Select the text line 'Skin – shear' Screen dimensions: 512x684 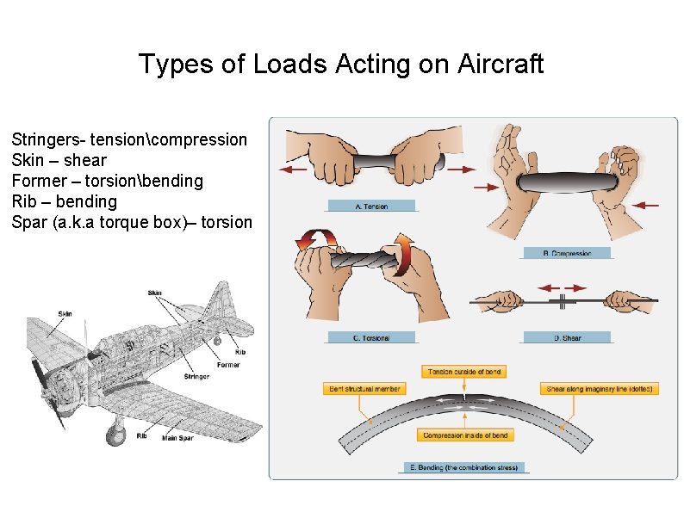pyautogui.click(x=59, y=160)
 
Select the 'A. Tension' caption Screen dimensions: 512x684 pyautogui.click(x=371, y=207)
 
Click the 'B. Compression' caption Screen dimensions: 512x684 pyautogui.click(x=567, y=253)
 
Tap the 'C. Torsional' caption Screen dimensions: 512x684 pyautogui.click(x=371, y=338)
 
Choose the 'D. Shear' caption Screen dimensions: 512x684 pyautogui.click(x=567, y=338)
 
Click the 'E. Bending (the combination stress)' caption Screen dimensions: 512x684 pyautogui.click(x=463, y=468)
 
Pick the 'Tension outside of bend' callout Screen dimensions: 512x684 pyautogui.click(x=463, y=372)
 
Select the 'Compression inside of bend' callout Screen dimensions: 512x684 pyautogui.click(x=465, y=435)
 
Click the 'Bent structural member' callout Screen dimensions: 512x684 pyautogui.click(x=364, y=389)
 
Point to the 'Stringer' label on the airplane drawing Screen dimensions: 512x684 pyautogui.click(x=197, y=376)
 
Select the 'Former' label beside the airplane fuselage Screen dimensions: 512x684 pyautogui.click(x=228, y=365)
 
